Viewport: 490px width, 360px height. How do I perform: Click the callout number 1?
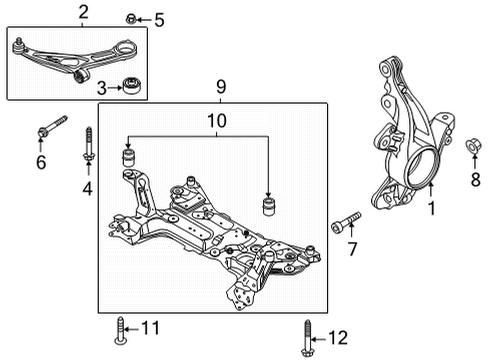pyautogui.click(x=432, y=211)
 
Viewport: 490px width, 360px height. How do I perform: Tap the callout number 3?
pyautogui.click(x=101, y=87)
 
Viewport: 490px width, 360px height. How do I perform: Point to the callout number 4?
pyautogui.click(x=88, y=187)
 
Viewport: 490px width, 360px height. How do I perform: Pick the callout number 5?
pyautogui.click(x=158, y=19)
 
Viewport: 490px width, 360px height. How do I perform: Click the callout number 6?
pyautogui.click(x=41, y=163)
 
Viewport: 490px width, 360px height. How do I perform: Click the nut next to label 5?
pyautogui.click(x=132, y=18)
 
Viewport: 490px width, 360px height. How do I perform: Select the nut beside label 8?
pyautogui.click(x=474, y=149)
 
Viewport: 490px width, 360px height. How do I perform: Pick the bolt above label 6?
pyautogui.click(x=49, y=128)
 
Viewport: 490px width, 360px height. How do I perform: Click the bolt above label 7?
pyautogui.click(x=346, y=219)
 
